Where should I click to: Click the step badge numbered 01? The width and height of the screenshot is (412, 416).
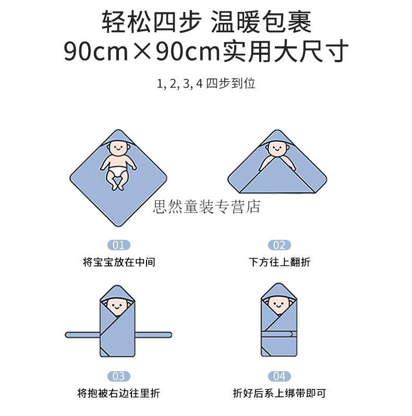point(119,245)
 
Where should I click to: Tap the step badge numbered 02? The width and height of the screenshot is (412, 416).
point(279,245)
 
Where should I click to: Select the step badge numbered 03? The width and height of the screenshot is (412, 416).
point(119,376)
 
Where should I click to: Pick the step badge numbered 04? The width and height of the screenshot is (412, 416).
point(279,376)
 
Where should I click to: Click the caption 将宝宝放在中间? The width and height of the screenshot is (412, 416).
point(119,262)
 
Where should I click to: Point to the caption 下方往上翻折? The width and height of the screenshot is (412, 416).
point(280,262)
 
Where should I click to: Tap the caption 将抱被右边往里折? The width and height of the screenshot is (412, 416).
point(119,393)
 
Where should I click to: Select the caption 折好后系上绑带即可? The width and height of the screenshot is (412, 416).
point(279,393)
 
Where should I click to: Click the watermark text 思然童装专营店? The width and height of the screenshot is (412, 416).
point(207,207)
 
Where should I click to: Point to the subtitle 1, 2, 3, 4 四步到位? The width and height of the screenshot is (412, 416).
point(206,83)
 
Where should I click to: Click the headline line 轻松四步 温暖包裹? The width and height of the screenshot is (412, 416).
point(207,22)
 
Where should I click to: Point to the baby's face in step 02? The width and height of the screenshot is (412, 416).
point(277,149)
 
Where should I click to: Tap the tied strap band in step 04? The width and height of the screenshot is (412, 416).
point(279,334)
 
